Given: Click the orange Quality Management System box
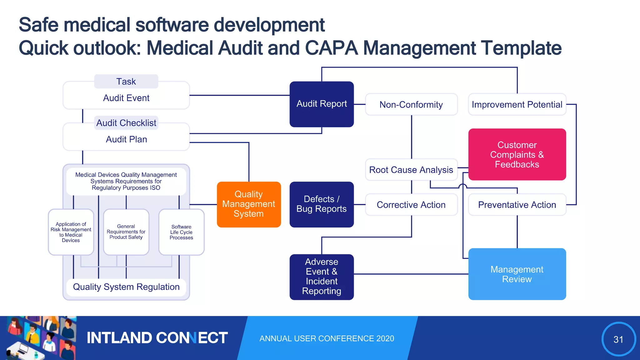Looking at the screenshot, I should (x=249, y=204).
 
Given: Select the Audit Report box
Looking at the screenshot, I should (x=322, y=104).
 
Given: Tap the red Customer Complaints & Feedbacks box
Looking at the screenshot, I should (x=517, y=154).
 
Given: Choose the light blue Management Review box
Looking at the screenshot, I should (x=517, y=274).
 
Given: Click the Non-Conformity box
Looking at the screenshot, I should (x=411, y=104).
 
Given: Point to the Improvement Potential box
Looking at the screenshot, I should (x=517, y=104).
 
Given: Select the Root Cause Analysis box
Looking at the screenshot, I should (x=411, y=170).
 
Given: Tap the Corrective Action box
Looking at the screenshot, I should (x=411, y=205).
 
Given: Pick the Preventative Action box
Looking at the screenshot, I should (x=517, y=205).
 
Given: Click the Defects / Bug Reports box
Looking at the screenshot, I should (x=322, y=204).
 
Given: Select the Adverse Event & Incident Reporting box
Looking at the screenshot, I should (x=322, y=277).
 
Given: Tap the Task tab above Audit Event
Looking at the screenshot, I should (x=126, y=82).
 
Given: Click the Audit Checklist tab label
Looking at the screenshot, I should (x=126, y=123).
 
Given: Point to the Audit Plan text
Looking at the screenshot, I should (x=126, y=139).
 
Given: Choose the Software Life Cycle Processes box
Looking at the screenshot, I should (x=181, y=232).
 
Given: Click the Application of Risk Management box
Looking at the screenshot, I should (x=71, y=232).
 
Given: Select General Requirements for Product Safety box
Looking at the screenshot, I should (x=126, y=232).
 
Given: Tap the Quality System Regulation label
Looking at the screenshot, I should (x=126, y=287).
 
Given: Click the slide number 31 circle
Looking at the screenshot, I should (x=618, y=339).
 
